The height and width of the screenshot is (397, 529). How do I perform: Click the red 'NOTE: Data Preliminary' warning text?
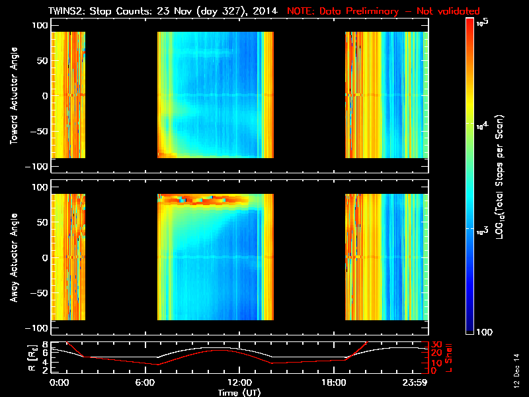384,11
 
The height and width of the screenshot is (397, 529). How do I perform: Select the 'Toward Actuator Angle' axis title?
13,97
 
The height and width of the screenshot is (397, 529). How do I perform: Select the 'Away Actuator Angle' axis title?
13,258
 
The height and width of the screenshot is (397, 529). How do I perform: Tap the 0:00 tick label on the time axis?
59,382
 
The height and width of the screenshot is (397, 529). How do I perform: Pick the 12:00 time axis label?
239,382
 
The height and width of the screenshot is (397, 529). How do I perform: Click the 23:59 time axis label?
417,382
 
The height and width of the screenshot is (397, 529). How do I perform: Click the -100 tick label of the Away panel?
37,329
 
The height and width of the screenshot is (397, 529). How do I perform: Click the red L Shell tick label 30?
436,345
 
